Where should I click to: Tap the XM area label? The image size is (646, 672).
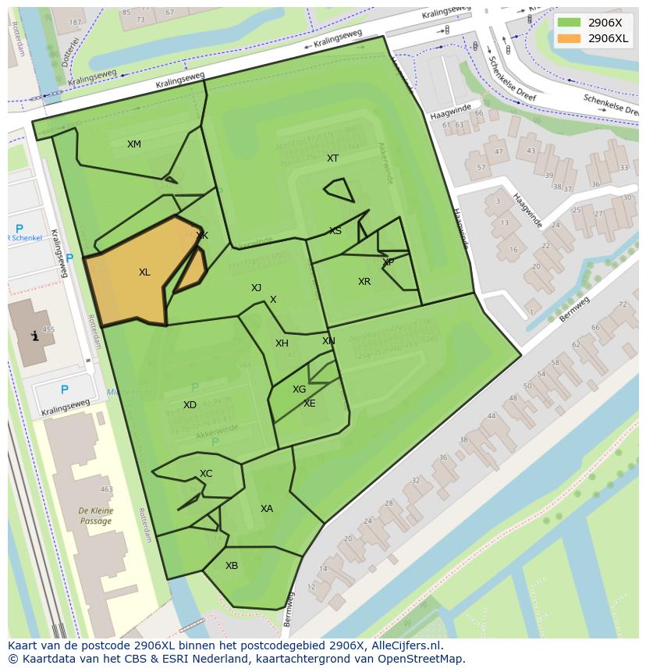(134, 144)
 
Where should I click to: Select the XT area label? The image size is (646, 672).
(333, 158)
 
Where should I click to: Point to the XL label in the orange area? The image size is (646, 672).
(144, 272)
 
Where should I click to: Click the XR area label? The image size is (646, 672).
(364, 282)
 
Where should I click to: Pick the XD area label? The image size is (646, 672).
(190, 405)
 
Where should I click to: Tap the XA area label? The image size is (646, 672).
(267, 509)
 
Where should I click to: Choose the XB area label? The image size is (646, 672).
(232, 566)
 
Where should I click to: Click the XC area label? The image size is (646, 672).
(206, 474)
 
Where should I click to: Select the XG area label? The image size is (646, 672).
(299, 389)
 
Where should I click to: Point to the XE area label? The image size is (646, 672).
(310, 404)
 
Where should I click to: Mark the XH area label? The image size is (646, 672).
(282, 343)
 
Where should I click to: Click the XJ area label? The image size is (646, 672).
(256, 288)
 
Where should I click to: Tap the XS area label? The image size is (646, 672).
(335, 231)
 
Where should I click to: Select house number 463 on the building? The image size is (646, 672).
(106, 490)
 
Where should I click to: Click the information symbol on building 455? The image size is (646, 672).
(34, 336)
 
